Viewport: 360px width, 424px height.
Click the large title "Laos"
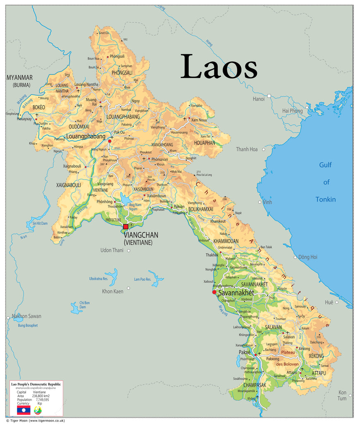(218, 67)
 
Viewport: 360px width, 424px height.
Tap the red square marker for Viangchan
(126, 226)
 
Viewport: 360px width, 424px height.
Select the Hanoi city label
(259, 99)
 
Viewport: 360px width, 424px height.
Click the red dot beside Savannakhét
(214, 292)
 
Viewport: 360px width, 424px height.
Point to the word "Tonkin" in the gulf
(326, 200)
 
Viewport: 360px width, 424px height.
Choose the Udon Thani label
(112, 250)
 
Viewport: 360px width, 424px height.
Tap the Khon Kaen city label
(113, 291)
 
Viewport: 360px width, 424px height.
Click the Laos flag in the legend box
(24, 410)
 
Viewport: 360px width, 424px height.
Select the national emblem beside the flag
(38, 410)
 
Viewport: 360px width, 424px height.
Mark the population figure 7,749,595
(41, 400)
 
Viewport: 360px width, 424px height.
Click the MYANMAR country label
(19, 78)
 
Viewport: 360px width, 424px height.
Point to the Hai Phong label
(292, 111)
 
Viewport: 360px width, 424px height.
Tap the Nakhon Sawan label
(26, 316)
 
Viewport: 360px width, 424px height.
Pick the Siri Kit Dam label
(37, 223)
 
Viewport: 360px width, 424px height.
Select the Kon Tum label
(342, 395)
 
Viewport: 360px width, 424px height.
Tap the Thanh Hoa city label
(247, 149)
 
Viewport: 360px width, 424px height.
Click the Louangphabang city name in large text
(86, 136)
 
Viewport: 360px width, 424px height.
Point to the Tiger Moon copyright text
(35, 420)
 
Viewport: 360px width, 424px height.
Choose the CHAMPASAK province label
(251, 385)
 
